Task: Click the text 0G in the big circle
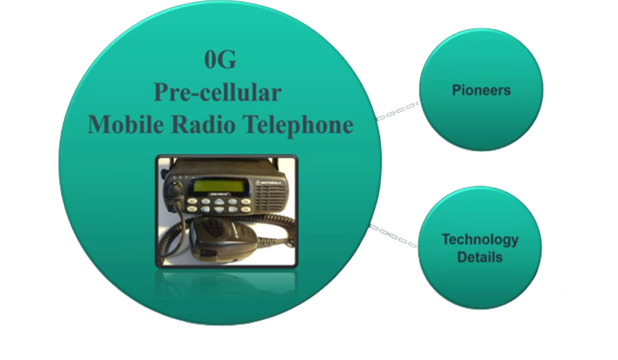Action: click(220, 61)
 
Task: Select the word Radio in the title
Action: click(205, 125)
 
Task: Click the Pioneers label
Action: click(481, 91)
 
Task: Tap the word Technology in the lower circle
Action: click(480, 240)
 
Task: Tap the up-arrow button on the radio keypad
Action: click(219, 202)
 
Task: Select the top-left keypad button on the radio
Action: click(192, 201)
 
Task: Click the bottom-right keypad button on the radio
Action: click(246, 210)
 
